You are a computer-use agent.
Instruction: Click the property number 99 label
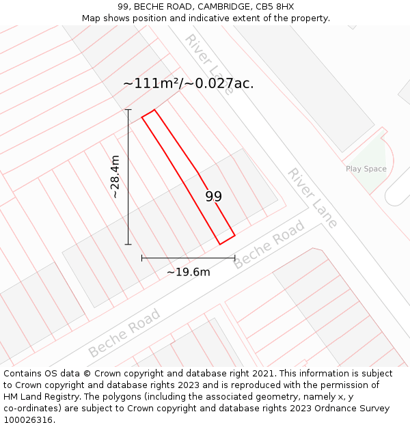tap(214, 197)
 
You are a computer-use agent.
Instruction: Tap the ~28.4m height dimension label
tap(115, 176)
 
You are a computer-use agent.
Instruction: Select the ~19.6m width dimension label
tap(188, 272)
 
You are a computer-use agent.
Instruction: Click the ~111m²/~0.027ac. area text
tap(188, 83)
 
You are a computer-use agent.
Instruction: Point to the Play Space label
tap(366, 169)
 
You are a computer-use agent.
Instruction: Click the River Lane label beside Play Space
tap(312, 197)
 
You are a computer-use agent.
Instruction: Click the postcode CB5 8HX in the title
tap(275, 7)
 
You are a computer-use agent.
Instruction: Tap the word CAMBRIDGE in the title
tap(221, 7)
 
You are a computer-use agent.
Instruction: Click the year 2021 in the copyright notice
tap(262, 374)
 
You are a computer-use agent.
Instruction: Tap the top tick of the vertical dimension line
tap(128, 109)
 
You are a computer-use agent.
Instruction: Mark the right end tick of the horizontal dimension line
tap(234, 258)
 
